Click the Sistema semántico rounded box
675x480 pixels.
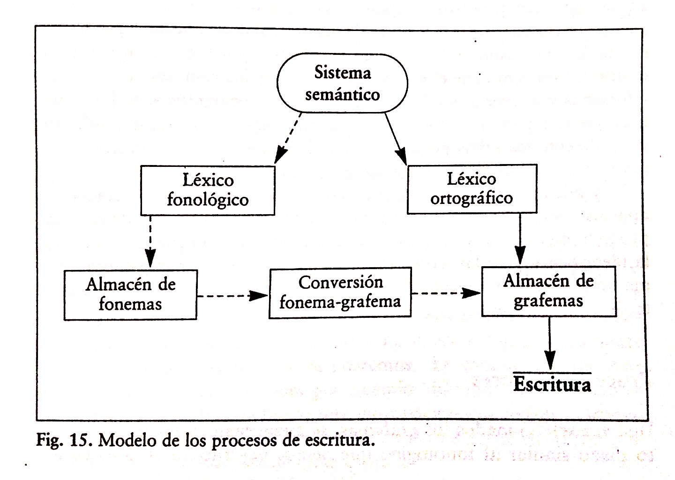(342, 83)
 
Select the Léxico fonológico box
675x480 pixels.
(208, 190)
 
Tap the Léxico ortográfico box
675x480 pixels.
(472, 189)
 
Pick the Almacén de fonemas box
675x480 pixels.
(130, 294)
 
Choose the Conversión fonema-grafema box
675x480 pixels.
(340, 292)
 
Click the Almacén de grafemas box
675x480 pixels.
(548, 291)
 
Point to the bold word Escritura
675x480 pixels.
(552, 384)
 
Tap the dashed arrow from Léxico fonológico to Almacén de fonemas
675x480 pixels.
(150, 241)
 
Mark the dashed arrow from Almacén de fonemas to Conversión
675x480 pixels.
(232, 296)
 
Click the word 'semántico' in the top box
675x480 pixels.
(342, 94)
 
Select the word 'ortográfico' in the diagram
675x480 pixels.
(472, 198)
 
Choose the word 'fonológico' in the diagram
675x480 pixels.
(208, 200)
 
